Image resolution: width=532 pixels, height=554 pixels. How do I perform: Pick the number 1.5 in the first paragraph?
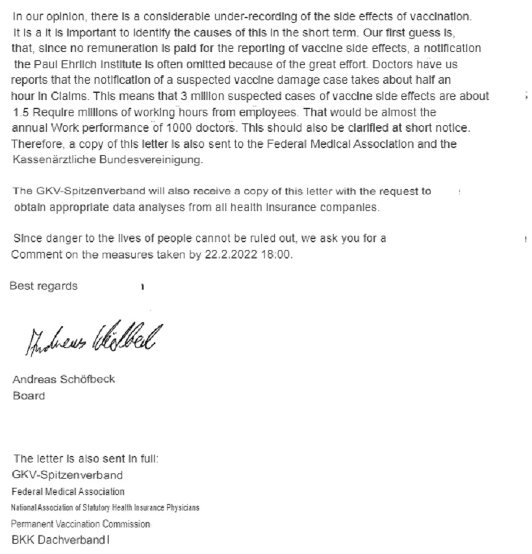pos(21,112)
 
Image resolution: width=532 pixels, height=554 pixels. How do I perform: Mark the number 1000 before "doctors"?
pos(179,127)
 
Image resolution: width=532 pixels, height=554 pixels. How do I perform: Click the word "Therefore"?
pos(36,144)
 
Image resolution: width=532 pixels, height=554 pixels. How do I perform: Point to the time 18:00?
pos(275,255)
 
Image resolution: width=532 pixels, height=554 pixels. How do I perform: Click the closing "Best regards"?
pos(44,286)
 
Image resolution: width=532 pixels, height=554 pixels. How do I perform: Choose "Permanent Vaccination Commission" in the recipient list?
pos(81,523)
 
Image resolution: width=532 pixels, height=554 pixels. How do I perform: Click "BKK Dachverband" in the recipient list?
pos(57,540)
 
